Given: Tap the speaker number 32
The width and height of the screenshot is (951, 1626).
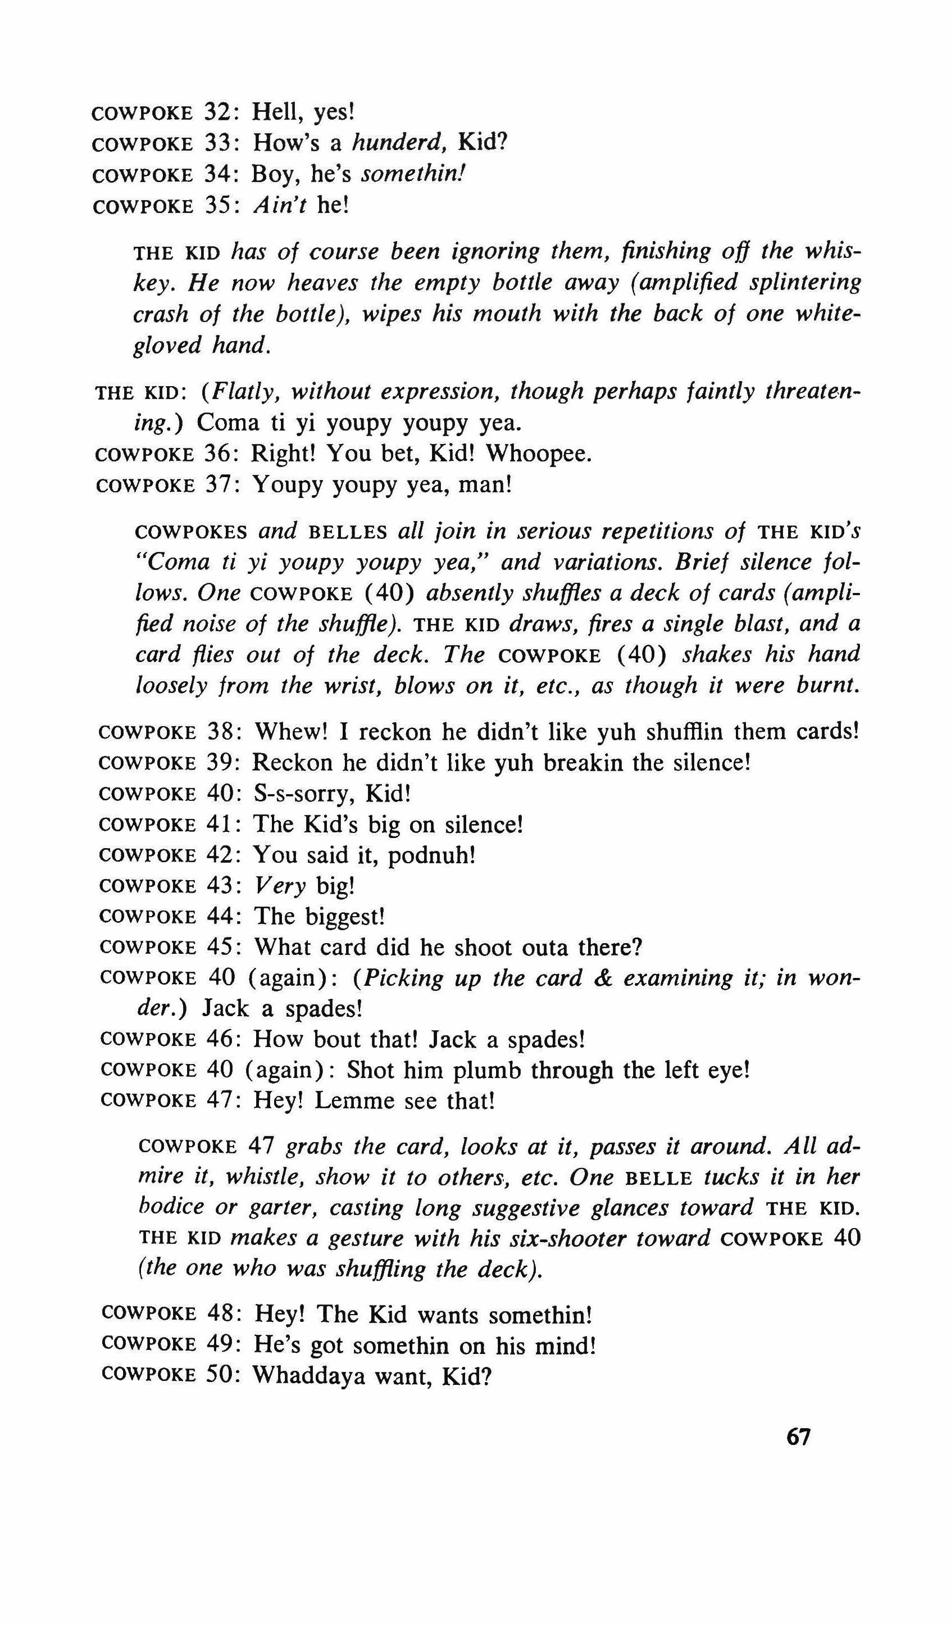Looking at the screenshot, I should click(x=221, y=112).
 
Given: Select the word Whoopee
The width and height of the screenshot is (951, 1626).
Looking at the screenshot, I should click(x=538, y=454).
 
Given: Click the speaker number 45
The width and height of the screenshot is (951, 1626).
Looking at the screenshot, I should click(x=223, y=947).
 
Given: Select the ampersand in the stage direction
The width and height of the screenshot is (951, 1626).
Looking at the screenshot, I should click(x=602, y=978).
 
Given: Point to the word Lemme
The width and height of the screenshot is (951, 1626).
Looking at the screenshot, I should click(x=348, y=1101).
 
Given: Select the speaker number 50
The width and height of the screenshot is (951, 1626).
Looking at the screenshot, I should click(x=223, y=1377).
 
